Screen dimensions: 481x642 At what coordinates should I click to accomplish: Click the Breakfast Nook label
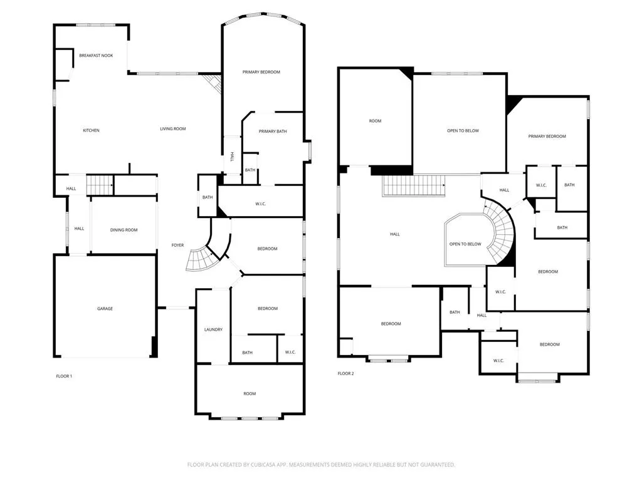pos(96,56)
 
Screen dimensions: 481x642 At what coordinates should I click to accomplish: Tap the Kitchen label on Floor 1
pos(91,130)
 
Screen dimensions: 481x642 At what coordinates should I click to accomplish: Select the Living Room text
pos(172,129)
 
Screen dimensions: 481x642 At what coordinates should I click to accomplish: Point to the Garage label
pos(105,309)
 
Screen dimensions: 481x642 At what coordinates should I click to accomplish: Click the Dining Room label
pos(124,230)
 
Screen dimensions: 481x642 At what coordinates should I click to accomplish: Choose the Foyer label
pos(178,245)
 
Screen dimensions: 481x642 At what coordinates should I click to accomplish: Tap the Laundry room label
pos(213,329)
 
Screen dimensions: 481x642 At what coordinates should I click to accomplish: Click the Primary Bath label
pos(273,131)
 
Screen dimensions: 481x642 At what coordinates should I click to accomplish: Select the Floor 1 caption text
pos(64,376)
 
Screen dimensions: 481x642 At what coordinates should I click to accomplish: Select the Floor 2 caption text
pos(345,373)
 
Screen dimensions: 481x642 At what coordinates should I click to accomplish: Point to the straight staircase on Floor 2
pos(413,185)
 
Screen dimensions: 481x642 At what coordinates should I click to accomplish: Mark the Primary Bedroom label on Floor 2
pos(547,137)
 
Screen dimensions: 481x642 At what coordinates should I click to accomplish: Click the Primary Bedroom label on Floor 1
pos(261,72)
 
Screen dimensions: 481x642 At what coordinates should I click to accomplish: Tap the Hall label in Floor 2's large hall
pos(394,234)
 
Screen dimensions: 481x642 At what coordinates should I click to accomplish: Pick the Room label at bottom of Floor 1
pos(250,393)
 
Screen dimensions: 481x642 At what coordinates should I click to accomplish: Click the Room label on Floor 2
pos(375,121)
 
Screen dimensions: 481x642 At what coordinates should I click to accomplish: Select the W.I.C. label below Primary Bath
pos(262,203)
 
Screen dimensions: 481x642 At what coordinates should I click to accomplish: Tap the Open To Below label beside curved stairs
pos(465,244)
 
